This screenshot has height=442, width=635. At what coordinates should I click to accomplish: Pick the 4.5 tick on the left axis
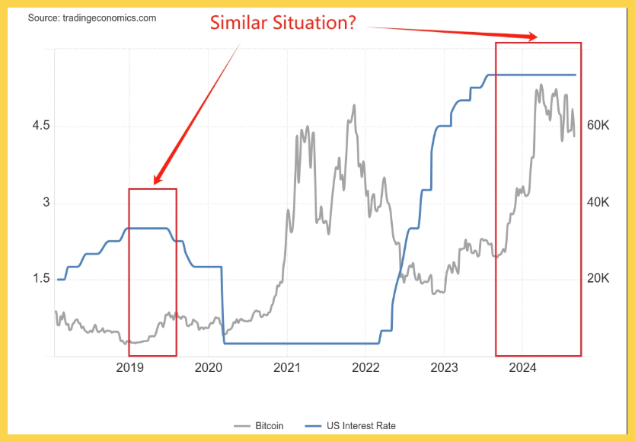point(40,126)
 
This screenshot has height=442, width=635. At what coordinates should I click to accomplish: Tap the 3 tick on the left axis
point(46,203)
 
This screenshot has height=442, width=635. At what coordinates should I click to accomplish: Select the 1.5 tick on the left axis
point(40,279)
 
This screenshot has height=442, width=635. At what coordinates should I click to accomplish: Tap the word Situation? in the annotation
point(320,23)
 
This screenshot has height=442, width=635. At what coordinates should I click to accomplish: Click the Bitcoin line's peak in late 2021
point(354,105)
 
